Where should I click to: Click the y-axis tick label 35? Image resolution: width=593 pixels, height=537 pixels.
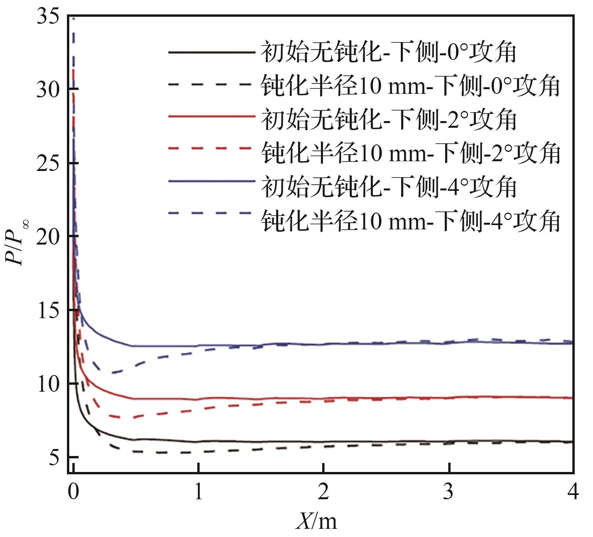click(49, 17)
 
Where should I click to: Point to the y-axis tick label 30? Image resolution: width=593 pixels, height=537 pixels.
click(49, 90)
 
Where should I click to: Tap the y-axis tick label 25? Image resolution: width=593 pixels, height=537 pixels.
click(49, 164)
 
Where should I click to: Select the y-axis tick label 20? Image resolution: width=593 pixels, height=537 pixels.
click(49, 237)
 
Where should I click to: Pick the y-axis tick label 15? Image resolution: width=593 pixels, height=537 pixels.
click(49, 310)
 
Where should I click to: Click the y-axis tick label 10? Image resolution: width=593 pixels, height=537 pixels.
click(49, 384)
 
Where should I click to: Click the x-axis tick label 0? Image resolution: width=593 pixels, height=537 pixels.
click(73, 491)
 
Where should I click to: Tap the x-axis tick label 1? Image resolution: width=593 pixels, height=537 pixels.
click(198, 491)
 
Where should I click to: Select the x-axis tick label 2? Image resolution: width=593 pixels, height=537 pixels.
click(323, 491)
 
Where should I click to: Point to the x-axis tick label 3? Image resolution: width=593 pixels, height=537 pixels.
click(449, 491)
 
